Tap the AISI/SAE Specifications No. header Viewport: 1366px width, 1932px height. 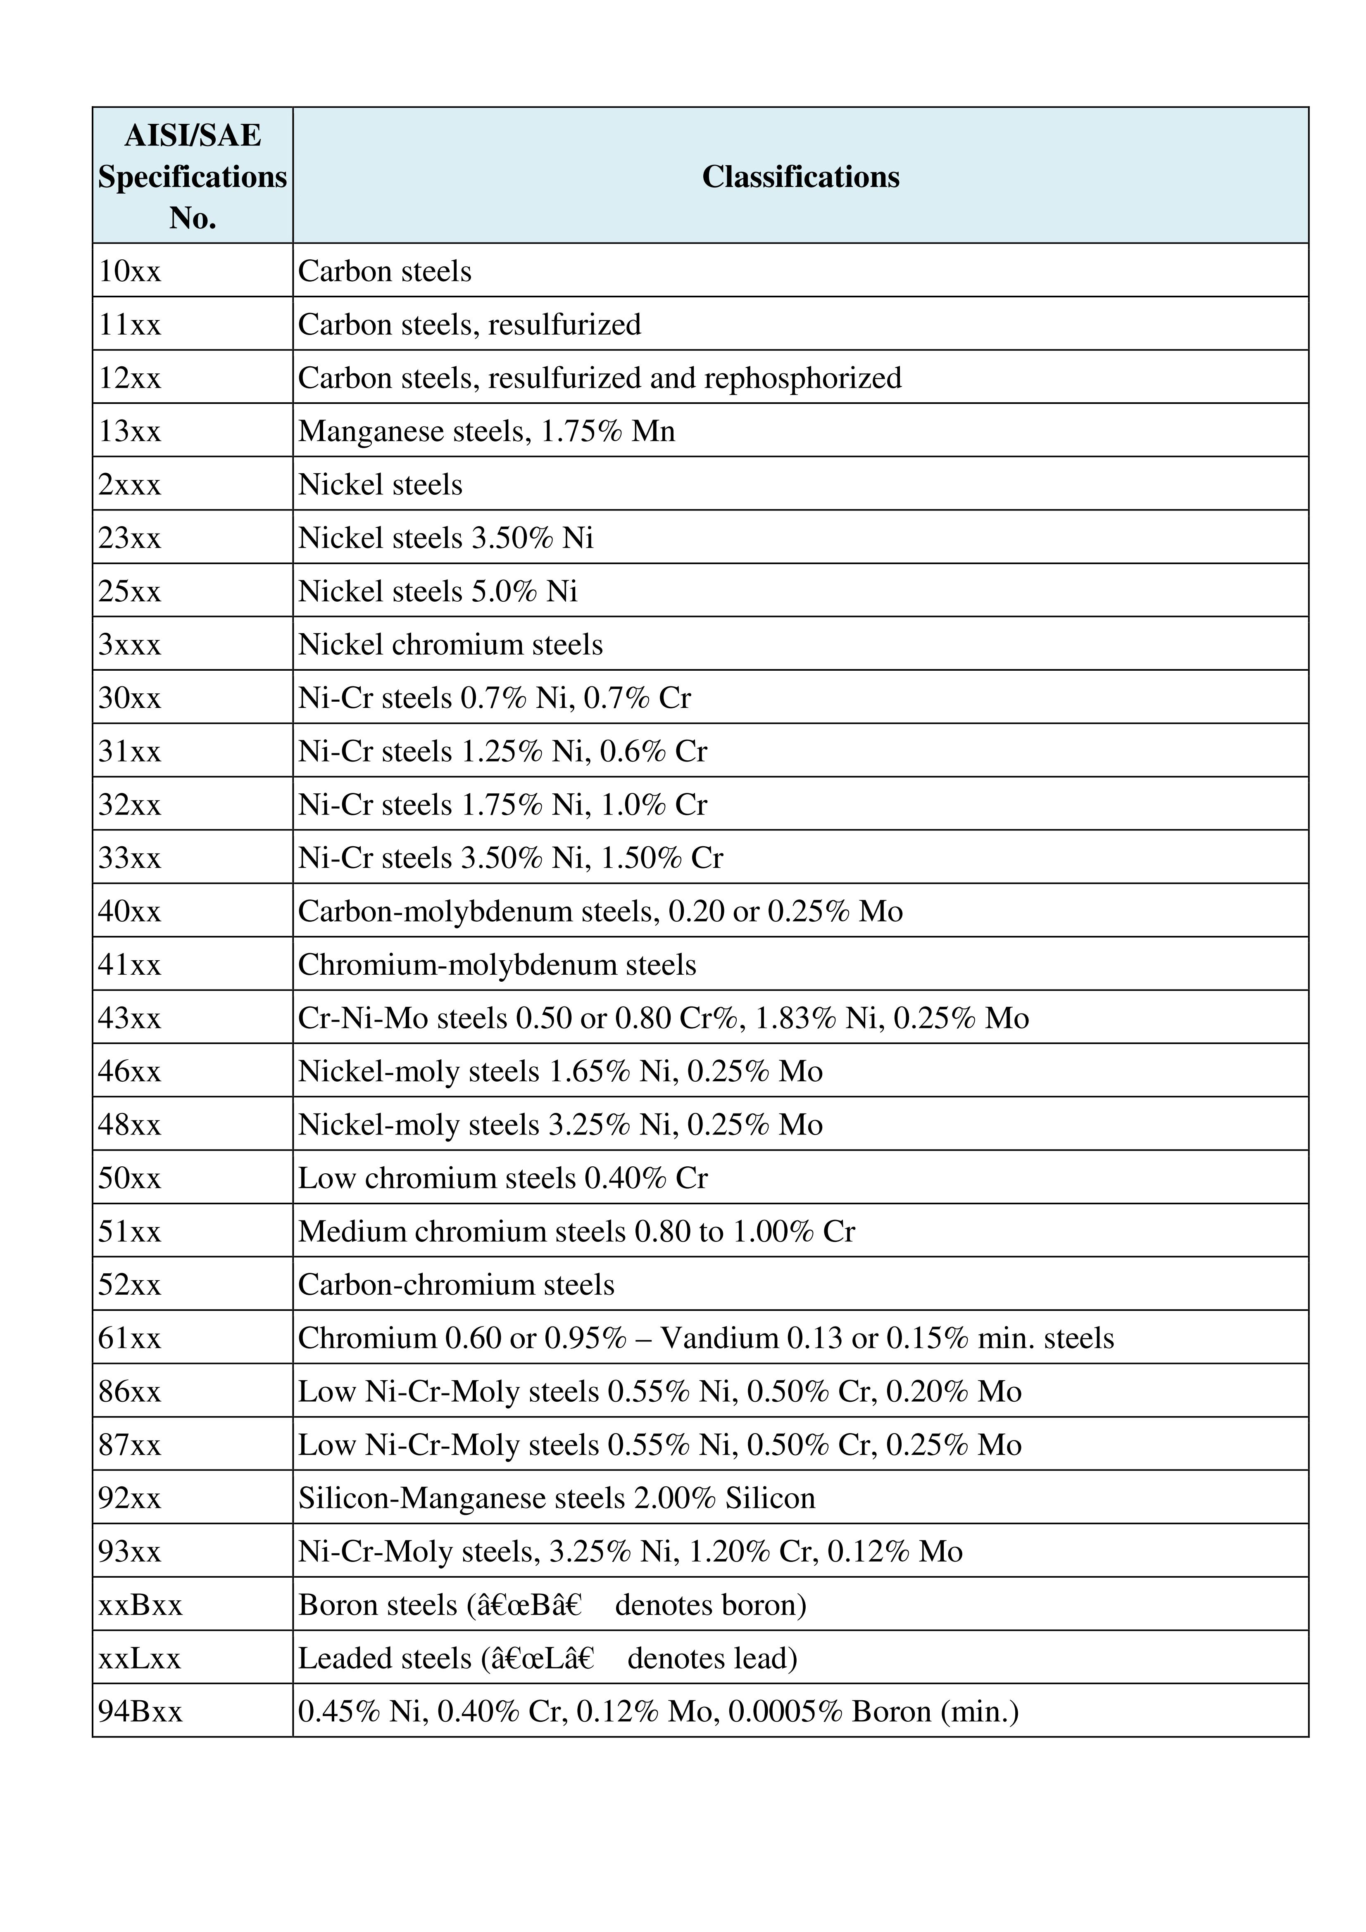pos(193,177)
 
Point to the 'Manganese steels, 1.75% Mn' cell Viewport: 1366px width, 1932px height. pos(486,431)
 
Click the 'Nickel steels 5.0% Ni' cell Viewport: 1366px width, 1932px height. pos(438,591)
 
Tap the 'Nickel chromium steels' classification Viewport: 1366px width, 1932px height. pos(450,645)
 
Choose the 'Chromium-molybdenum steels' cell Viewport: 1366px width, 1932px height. pos(497,964)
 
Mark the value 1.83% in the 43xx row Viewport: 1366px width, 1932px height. pos(795,1018)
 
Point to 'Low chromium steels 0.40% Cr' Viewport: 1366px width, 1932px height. pos(502,1178)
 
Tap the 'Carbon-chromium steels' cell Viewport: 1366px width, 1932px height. pos(456,1285)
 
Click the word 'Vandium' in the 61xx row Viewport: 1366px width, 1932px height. pos(720,1338)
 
